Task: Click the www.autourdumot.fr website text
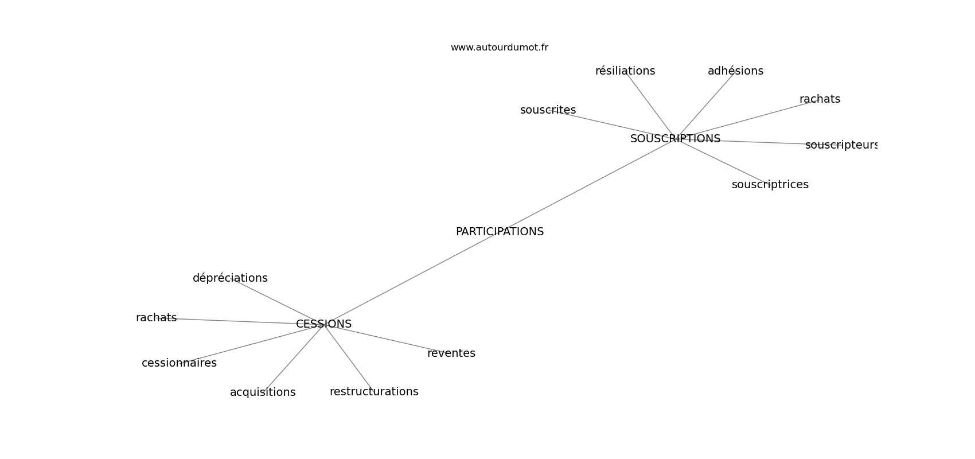click(x=499, y=48)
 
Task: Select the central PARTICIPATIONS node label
click(x=500, y=232)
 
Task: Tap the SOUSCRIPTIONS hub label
click(x=675, y=139)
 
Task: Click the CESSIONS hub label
click(x=323, y=324)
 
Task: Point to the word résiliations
click(x=625, y=71)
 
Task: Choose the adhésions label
click(x=735, y=71)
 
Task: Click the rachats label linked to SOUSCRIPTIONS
click(x=820, y=99)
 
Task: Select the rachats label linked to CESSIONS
click(x=156, y=318)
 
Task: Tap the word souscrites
click(x=548, y=110)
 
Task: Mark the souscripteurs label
click(x=841, y=145)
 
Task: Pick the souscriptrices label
click(x=770, y=185)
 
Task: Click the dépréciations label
click(x=230, y=278)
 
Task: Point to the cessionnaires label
click(x=179, y=363)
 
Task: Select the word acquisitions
click(x=263, y=392)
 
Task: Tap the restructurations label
click(x=374, y=392)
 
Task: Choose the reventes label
click(x=451, y=353)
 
